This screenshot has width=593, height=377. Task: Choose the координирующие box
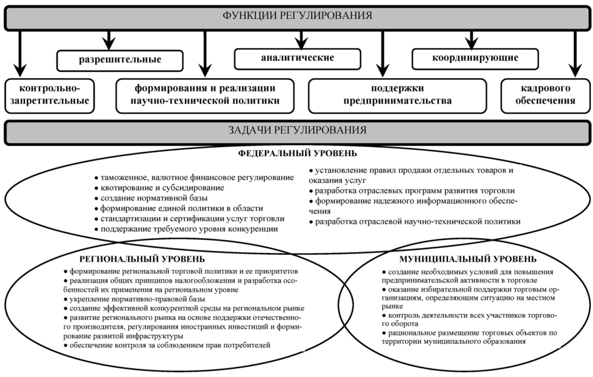pyautogui.click(x=473, y=58)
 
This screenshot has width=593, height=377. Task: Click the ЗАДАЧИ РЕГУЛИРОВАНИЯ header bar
pyautogui.click(x=296, y=131)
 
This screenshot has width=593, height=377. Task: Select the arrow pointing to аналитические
pyautogui.click(x=300, y=38)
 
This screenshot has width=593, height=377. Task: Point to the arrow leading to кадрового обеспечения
pyautogui.click(x=574, y=54)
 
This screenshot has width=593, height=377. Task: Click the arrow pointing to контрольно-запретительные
pyautogui.click(x=20, y=54)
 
